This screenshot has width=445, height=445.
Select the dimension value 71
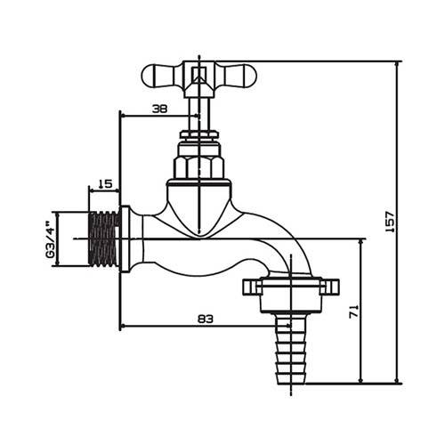353,311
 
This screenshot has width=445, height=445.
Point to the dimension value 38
159,109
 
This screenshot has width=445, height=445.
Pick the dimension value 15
104,183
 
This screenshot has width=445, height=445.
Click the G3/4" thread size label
51,240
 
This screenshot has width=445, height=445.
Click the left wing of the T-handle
161,77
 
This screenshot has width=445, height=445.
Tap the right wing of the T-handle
236,77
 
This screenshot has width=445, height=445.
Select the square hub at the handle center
198,75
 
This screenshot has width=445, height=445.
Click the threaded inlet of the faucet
103,240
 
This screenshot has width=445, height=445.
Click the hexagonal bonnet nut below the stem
198,166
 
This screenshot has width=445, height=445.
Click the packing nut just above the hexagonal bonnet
198,139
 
